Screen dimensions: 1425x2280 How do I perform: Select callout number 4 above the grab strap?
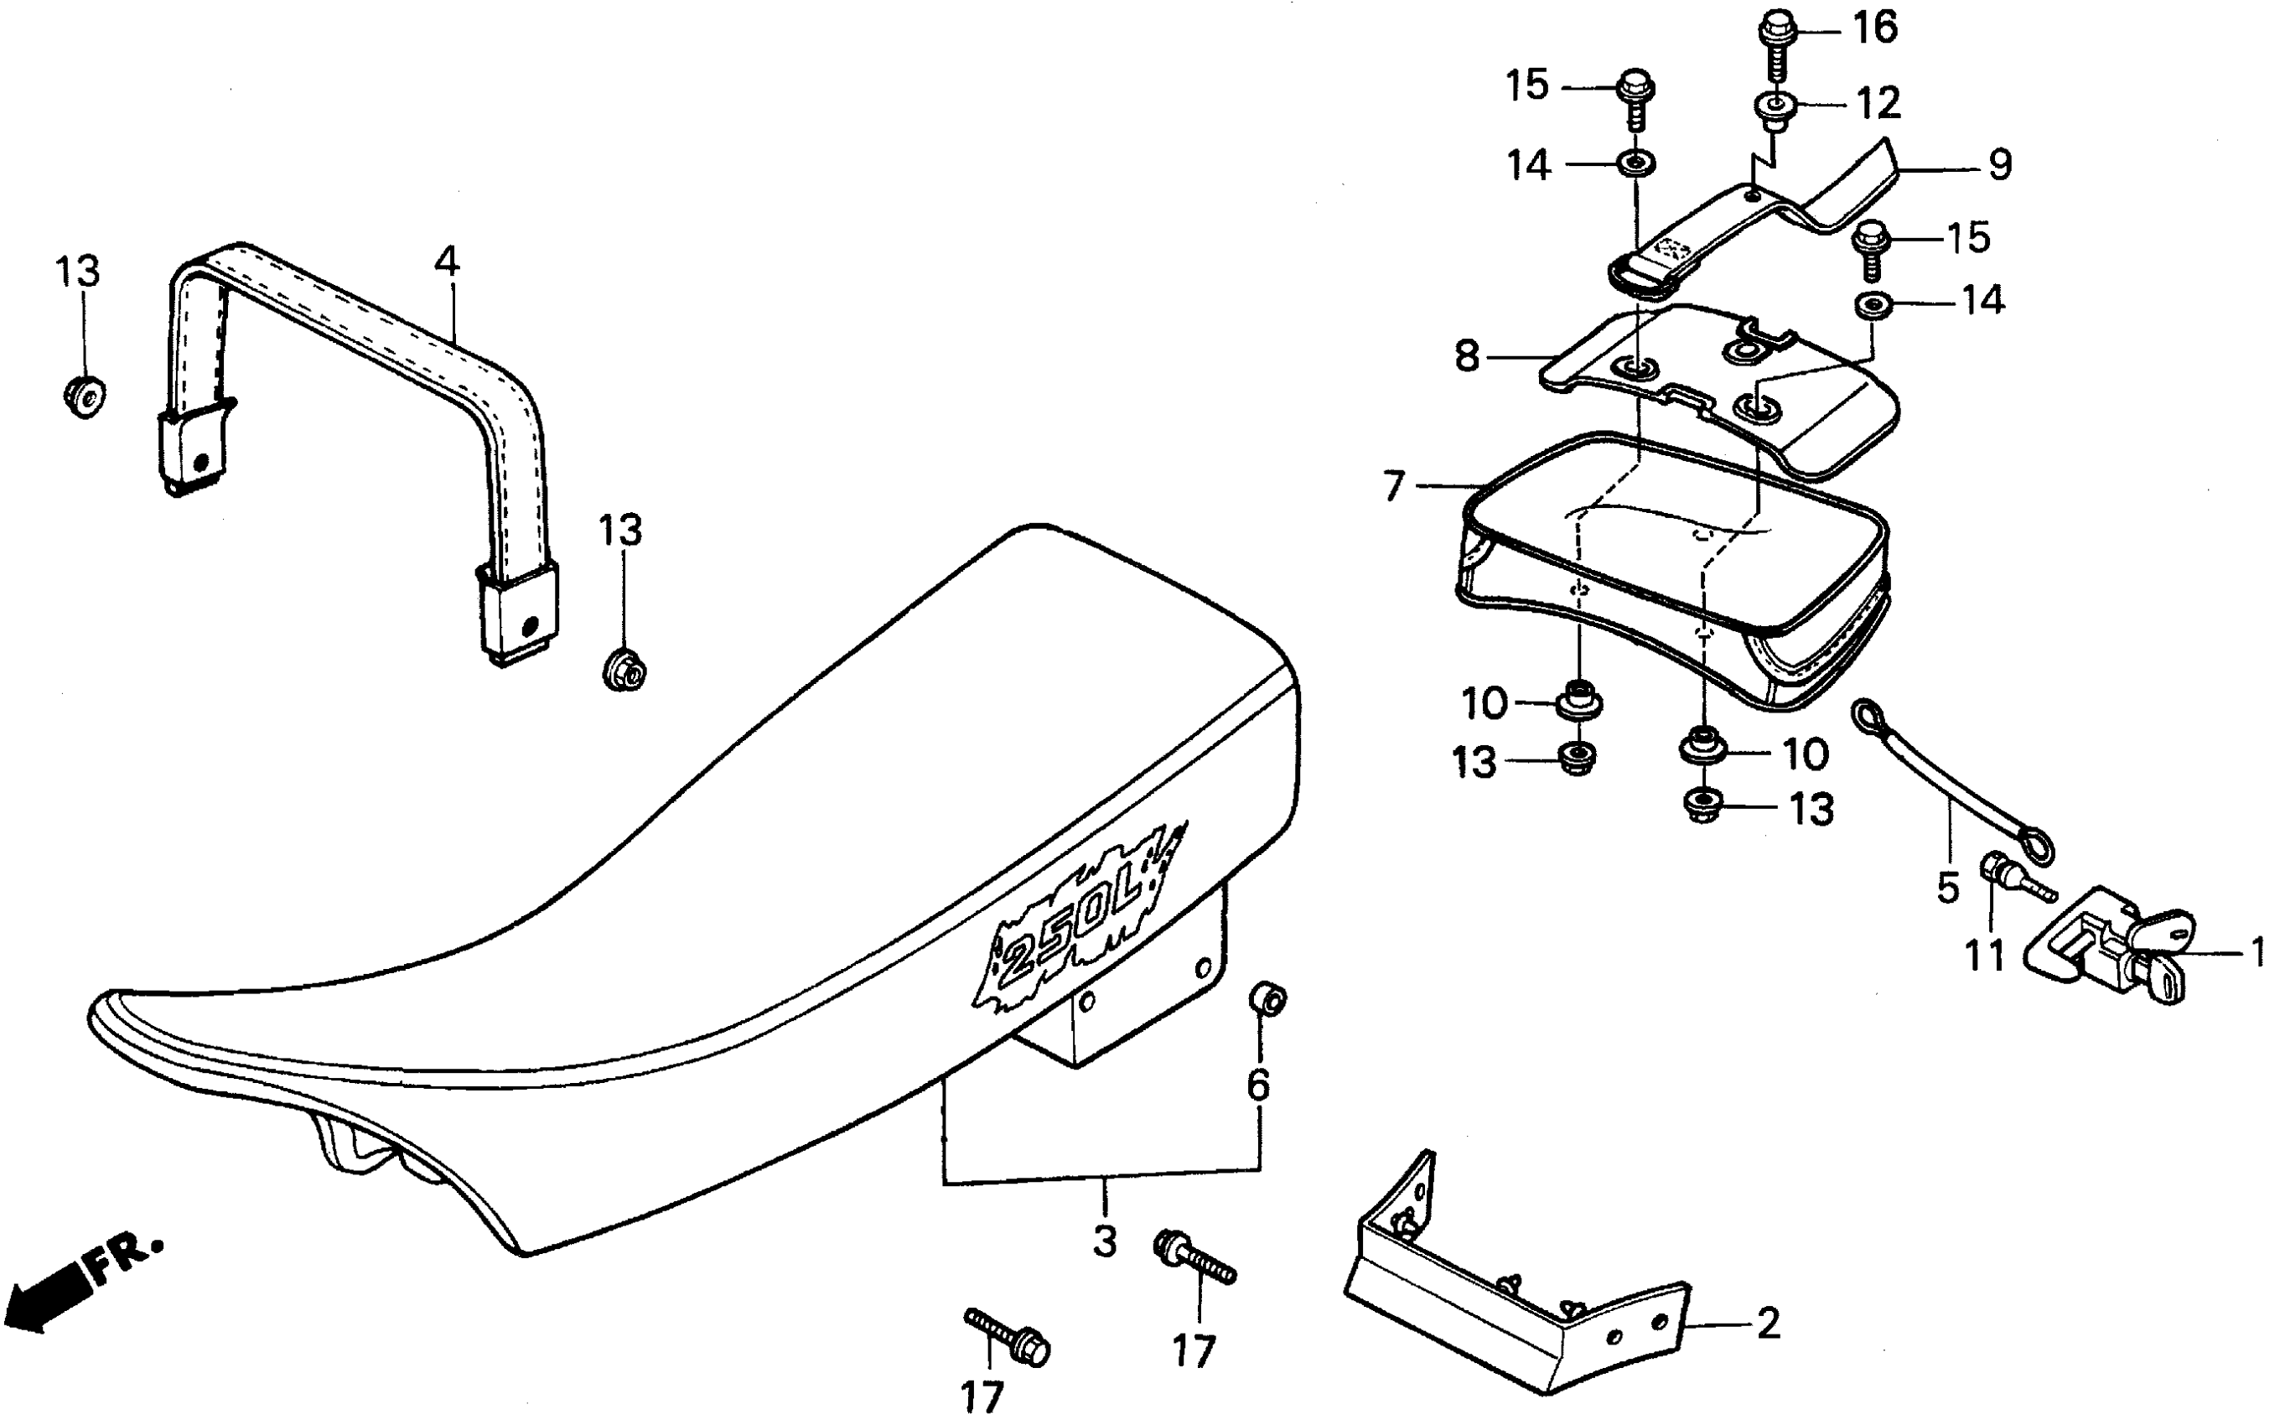click(x=447, y=261)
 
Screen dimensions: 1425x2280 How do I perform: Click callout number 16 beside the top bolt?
click(x=1875, y=28)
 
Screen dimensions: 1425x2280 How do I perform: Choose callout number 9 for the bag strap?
click(x=1999, y=166)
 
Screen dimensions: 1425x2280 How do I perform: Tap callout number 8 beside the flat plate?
click(x=1467, y=357)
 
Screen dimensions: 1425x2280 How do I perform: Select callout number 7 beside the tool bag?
click(x=1394, y=487)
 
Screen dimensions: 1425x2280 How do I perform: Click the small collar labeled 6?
click(x=1267, y=998)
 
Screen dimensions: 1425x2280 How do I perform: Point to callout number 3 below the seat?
click(x=1104, y=1241)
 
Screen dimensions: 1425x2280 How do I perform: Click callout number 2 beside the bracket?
click(x=1769, y=1324)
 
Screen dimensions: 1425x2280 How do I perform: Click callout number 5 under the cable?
click(x=1947, y=887)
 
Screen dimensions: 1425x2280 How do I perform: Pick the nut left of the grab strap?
click(x=85, y=396)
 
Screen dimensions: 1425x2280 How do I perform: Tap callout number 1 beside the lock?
click(x=2257, y=953)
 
